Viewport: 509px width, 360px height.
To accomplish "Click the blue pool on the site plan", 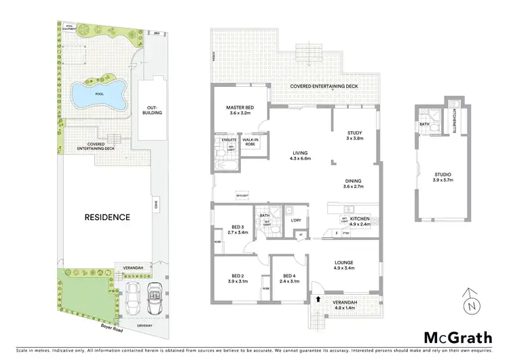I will click(x=99, y=94).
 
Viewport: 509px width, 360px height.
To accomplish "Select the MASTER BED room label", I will click(x=240, y=111).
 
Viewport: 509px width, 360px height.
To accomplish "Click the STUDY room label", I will click(x=354, y=135).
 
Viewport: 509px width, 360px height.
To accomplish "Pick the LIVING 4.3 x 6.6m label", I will click(x=299, y=156).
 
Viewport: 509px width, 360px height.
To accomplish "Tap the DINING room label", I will click(x=354, y=183).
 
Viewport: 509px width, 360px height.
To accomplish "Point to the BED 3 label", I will click(x=238, y=230).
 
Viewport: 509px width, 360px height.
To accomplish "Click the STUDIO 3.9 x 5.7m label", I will click(x=442, y=179).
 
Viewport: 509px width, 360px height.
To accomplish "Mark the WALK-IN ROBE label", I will click(x=250, y=143).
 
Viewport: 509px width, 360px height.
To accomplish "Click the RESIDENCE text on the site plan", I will click(x=107, y=217).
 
